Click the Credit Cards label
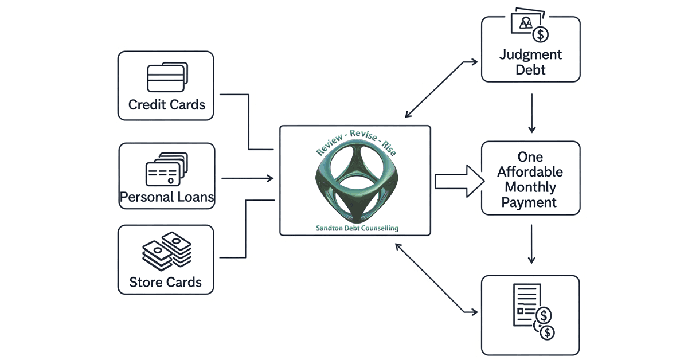pyautogui.click(x=166, y=105)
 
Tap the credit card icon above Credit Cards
pyautogui.click(x=166, y=77)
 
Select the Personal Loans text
pyautogui.click(x=167, y=198)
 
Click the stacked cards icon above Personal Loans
pyautogui.click(x=167, y=169)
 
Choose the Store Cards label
pyautogui.click(x=166, y=282)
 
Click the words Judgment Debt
pyautogui.click(x=530, y=62)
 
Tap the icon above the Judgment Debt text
pyautogui.click(x=530, y=26)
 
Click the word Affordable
pyautogui.click(x=530, y=172)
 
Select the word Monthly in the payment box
pyautogui.click(x=530, y=187)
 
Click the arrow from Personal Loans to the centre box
pyautogui.click(x=247, y=178)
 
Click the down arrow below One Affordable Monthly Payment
pyautogui.click(x=533, y=244)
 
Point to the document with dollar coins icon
pyautogui.click(x=534, y=312)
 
